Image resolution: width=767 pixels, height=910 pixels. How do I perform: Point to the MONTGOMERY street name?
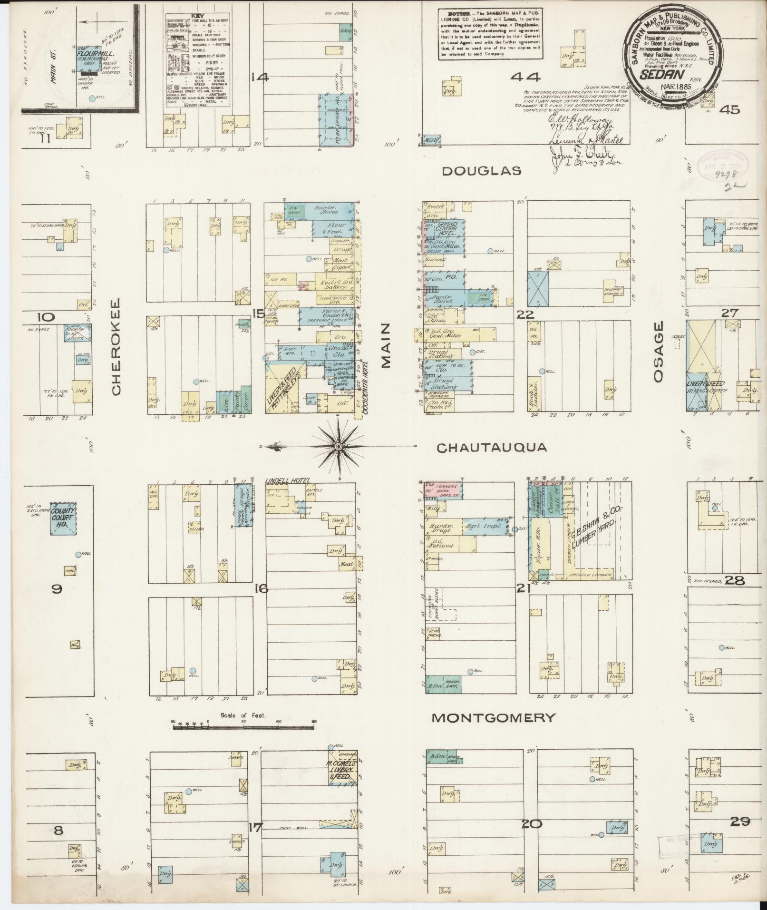click(493, 718)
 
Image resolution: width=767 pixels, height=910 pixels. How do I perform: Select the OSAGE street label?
click(658, 352)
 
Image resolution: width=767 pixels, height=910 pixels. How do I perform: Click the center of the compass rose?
click(338, 447)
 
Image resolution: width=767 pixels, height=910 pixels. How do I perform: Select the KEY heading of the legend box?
click(197, 16)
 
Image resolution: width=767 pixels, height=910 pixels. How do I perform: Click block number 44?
click(526, 77)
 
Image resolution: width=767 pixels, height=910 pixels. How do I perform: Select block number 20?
click(531, 823)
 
